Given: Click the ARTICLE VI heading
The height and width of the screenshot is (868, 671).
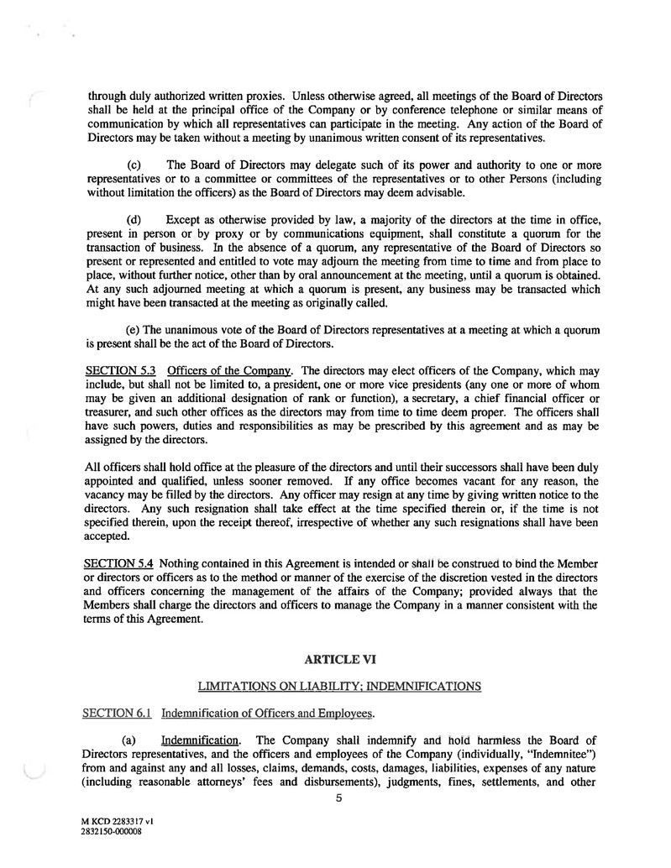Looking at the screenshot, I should coord(338,660).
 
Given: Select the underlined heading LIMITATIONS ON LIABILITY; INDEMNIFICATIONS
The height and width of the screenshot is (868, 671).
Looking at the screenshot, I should coord(338,686).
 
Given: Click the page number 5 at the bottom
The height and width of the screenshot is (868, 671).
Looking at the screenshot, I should coord(338,798).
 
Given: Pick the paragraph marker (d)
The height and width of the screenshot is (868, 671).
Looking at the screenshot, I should coord(134,220).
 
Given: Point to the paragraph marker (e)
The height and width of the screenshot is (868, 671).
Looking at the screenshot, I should coord(134,330).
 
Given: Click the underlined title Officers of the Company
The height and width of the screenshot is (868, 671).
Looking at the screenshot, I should coord(229,371).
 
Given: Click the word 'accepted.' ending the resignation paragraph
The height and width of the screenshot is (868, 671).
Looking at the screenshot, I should coord(110,536).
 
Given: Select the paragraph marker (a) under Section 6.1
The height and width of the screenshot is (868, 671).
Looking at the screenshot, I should coord(134,740).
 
